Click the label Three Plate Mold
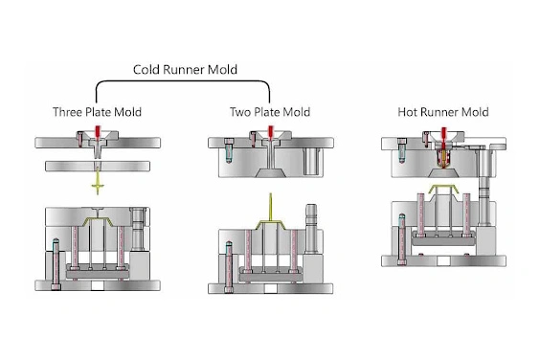coord(97,112)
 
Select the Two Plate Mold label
coord(271,112)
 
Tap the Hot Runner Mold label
coord(441,112)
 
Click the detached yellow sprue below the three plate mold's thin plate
coord(97,181)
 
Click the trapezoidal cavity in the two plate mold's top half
coord(271,171)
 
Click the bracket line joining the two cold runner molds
coord(186,83)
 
